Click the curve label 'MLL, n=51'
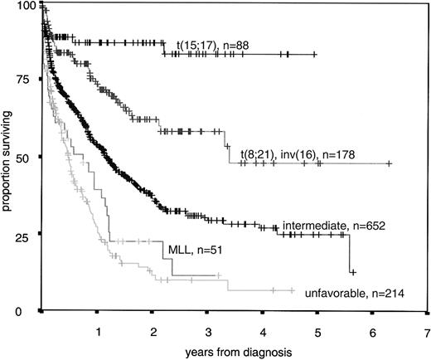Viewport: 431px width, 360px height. click(183, 247)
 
